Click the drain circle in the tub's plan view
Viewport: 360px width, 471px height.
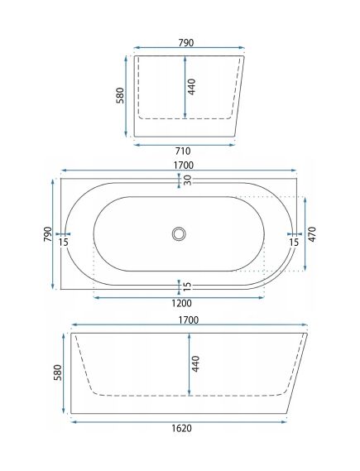pyautogui.click(x=179, y=234)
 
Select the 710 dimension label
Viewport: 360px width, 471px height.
pyautogui.click(x=183, y=151)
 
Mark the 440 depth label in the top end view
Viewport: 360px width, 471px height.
pyautogui.click(x=192, y=87)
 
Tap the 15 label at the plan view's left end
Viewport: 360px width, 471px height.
pyautogui.click(x=64, y=242)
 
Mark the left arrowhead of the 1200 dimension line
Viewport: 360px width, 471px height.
pyautogui.click(x=95, y=296)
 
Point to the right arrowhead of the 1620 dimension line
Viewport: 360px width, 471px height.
pyautogui.click(x=286, y=421)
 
